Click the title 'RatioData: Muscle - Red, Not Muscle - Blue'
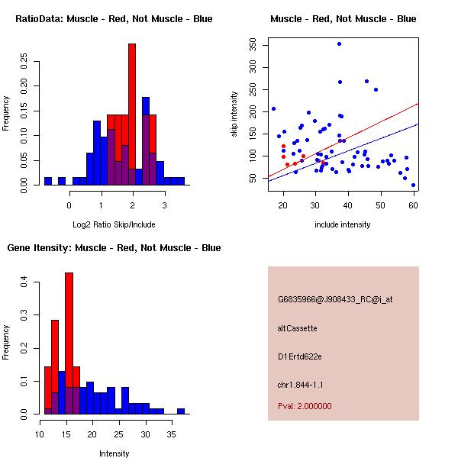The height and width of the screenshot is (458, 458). tap(114, 19)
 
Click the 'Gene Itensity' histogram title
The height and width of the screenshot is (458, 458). tap(114, 248)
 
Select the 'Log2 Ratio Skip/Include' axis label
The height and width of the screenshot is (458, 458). tap(114, 224)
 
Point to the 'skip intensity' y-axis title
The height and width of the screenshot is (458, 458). tap(235, 114)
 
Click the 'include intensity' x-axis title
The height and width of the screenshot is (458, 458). tap(343, 224)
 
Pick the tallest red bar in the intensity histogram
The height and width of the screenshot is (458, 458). tap(69, 336)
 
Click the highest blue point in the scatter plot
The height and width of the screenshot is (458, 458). tap(339, 44)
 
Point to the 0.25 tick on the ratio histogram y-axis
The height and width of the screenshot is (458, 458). tap(24, 62)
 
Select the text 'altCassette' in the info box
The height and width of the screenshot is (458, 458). tap(297, 328)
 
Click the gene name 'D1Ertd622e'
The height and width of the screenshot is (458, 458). tap(299, 356)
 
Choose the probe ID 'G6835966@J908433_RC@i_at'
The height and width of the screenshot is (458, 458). tap(335, 300)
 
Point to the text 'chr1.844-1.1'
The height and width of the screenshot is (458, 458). tap(301, 385)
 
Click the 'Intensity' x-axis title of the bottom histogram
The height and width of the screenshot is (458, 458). tap(114, 453)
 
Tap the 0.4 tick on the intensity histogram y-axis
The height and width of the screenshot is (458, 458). tap(24, 282)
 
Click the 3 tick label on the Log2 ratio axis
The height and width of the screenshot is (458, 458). tap(163, 205)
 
